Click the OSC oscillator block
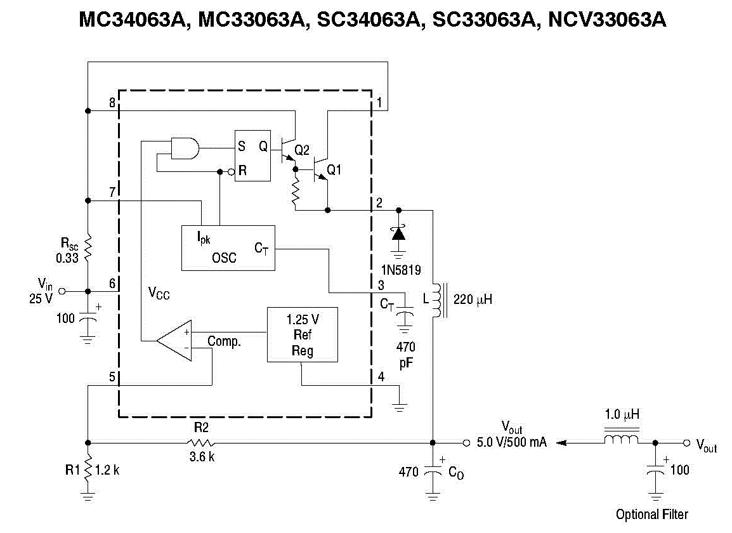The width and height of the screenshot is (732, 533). pyautogui.click(x=228, y=247)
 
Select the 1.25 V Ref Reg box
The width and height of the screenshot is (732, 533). pyautogui.click(x=301, y=334)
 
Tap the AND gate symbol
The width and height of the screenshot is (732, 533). pyautogui.click(x=185, y=149)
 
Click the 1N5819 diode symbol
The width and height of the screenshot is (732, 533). pyautogui.click(x=398, y=233)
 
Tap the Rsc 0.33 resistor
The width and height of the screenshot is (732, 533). pyautogui.click(x=88, y=247)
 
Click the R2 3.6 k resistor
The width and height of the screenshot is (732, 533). pyautogui.click(x=201, y=442)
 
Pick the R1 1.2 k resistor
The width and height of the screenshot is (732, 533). pyautogui.click(x=88, y=470)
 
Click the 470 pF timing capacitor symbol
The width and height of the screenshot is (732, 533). pyautogui.click(x=404, y=314)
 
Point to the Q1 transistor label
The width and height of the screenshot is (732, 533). pyautogui.click(x=334, y=170)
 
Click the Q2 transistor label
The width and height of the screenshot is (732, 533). pyautogui.click(x=303, y=150)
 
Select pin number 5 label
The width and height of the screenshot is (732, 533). pyautogui.click(x=112, y=377)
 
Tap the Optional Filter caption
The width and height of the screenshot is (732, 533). pyautogui.click(x=651, y=514)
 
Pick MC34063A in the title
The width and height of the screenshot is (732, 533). pyautogui.click(x=134, y=21)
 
